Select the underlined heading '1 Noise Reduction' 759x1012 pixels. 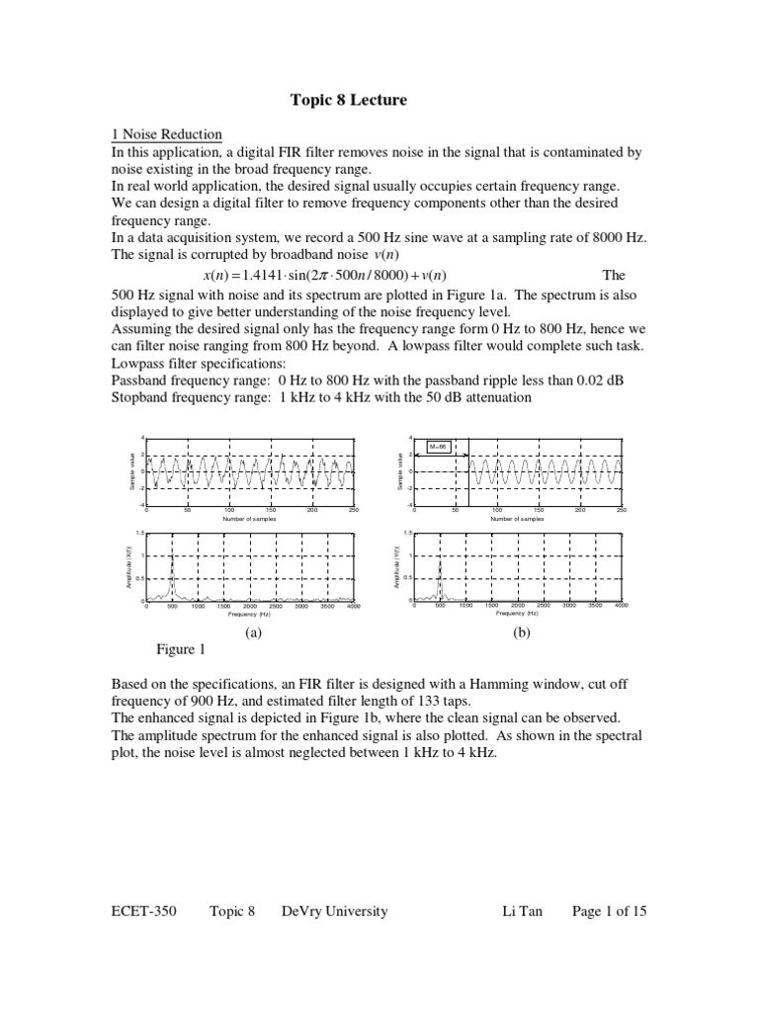(x=166, y=135)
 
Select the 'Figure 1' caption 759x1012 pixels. (x=181, y=649)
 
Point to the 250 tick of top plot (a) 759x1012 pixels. (x=353, y=510)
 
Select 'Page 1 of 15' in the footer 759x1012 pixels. (x=610, y=911)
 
